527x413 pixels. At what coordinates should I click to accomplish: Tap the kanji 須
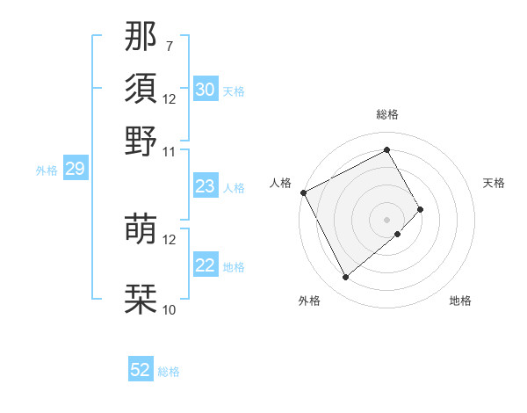click(x=141, y=89)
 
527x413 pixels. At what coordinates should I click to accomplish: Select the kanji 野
click(x=141, y=141)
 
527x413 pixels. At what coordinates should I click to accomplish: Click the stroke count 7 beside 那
click(x=170, y=46)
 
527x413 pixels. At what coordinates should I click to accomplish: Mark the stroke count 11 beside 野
click(x=170, y=151)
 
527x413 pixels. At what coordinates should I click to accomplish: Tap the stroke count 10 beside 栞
click(x=170, y=309)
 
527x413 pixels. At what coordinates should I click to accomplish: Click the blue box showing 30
click(x=206, y=90)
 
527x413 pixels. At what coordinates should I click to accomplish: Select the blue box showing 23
click(x=206, y=186)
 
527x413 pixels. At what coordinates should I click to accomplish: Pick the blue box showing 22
click(x=206, y=265)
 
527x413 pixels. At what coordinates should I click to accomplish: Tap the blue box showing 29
click(x=75, y=169)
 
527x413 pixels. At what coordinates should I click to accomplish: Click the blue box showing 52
click(x=141, y=370)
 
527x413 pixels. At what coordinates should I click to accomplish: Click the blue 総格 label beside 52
click(x=169, y=372)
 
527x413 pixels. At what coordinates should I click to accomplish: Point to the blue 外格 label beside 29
click(x=47, y=170)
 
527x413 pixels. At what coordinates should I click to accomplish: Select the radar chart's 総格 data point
click(x=387, y=149)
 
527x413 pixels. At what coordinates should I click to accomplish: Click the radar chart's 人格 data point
click(x=303, y=192)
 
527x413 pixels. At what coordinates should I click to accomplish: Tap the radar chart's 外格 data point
click(x=345, y=278)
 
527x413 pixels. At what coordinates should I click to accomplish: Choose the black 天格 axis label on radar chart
click(x=494, y=183)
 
